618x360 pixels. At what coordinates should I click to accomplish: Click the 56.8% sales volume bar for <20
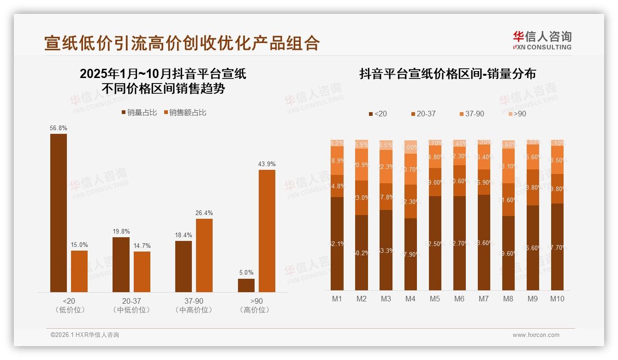point(59,213)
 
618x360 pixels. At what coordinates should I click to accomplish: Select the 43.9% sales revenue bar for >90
point(267,231)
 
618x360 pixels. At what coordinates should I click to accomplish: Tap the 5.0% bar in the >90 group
point(246,285)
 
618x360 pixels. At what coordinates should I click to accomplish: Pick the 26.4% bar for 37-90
point(204,255)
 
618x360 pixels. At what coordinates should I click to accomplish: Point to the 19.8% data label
point(121,232)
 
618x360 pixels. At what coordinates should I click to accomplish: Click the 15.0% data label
point(79,245)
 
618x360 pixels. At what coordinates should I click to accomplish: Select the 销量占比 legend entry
point(139,113)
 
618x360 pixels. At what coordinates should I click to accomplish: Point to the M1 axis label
point(337,299)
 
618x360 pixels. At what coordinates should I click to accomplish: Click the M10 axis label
point(557,299)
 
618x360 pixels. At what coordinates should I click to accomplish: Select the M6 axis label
point(459,299)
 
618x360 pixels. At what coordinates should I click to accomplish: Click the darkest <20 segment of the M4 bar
point(410,254)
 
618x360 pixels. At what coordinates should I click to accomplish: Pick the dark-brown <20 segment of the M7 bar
point(484,242)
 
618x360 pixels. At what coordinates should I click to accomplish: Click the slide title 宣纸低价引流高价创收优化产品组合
point(182,43)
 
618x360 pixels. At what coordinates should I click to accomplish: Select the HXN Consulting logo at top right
point(542,41)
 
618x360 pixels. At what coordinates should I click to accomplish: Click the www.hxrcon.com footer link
point(536,335)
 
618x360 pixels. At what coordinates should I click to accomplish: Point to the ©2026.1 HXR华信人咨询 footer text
point(85,335)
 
